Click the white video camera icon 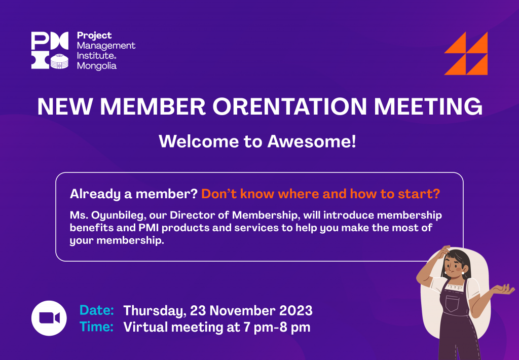pyautogui.click(x=49, y=318)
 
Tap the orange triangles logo pyautogui.click(x=466, y=53)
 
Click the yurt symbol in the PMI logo pyautogui.click(x=60, y=61)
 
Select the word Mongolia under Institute pyautogui.click(x=97, y=65)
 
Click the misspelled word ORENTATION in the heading pyautogui.click(x=289, y=106)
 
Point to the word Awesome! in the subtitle pyautogui.click(x=312, y=141)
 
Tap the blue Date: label pyautogui.click(x=97, y=310)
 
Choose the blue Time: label pyautogui.click(x=97, y=327)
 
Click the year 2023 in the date pyautogui.click(x=296, y=311)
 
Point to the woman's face pyautogui.click(x=455, y=266)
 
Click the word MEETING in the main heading pyautogui.click(x=428, y=106)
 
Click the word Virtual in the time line pyautogui.click(x=145, y=327)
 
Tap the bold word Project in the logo pyautogui.click(x=94, y=36)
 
